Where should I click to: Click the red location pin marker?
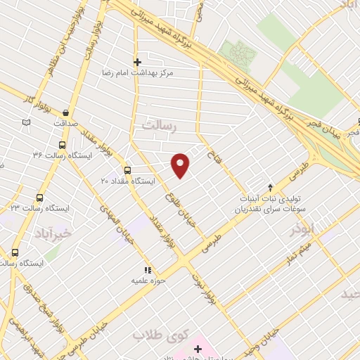coord(181,165)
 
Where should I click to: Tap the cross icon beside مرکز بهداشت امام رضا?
coord(137,62)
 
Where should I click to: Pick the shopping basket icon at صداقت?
coord(65,112)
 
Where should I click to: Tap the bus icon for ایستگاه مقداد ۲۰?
coord(127,170)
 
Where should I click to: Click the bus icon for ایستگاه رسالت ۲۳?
coord(39,198)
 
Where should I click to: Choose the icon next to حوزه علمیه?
coord(148,270)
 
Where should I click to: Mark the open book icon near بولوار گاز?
coord(27,122)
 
